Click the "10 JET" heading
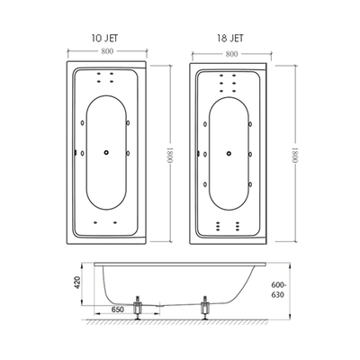105,38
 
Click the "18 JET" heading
230,38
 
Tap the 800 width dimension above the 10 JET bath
107,51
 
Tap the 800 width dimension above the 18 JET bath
231,54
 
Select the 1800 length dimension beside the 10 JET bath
170,154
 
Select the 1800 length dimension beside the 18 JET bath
295,154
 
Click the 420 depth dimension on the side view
77,283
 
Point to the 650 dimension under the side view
118,310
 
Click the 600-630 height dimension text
277,290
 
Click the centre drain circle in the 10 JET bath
106,153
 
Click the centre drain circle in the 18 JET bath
229,153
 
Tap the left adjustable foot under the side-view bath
138,308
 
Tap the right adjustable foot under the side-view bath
205,308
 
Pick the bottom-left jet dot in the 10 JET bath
95,222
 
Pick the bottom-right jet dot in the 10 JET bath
115,222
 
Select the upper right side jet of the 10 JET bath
128,122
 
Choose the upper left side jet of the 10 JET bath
82,122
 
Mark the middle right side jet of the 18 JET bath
250,154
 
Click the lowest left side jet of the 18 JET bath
205,184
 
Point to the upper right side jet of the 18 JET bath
250,124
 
